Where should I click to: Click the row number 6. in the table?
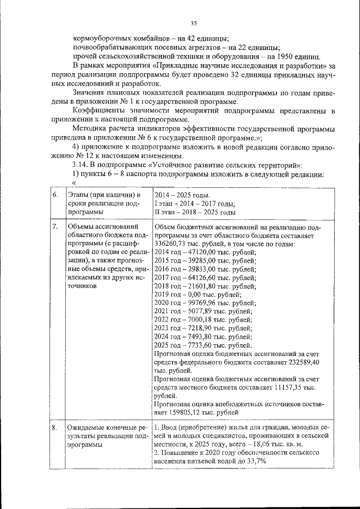coord(55,194)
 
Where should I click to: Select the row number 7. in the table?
coord(55,227)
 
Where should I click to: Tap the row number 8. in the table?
coord(55,427)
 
